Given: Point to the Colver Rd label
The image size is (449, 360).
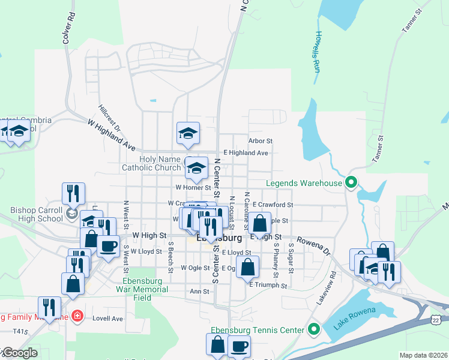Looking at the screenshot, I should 68,28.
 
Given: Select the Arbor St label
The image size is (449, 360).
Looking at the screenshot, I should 261,141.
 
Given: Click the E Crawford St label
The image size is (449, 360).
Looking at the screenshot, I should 273,205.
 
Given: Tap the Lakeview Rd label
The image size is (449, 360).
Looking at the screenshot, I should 325,287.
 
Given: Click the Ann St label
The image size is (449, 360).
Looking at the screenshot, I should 199,292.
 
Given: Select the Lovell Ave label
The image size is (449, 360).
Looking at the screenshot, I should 107,319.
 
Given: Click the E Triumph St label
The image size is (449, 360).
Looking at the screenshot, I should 268,286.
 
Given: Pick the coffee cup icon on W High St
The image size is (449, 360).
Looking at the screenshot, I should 108,246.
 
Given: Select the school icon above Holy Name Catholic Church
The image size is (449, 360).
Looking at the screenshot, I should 188,134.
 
